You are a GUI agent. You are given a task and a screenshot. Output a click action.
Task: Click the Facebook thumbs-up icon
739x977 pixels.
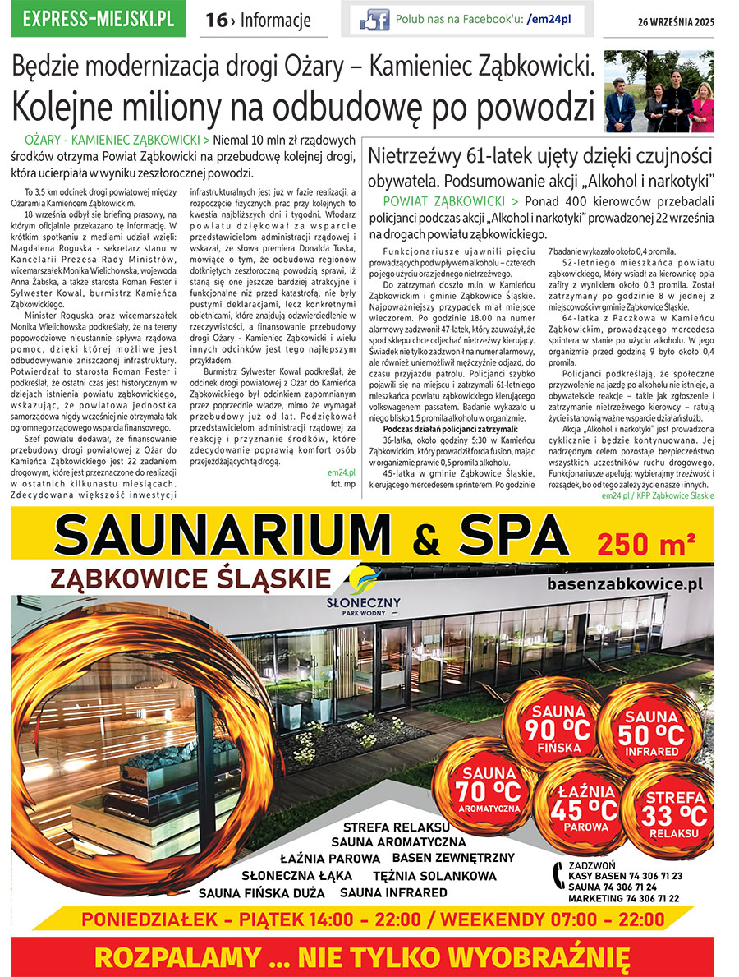[374, 20]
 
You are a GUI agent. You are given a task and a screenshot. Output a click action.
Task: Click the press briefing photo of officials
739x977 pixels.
[659, 92]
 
